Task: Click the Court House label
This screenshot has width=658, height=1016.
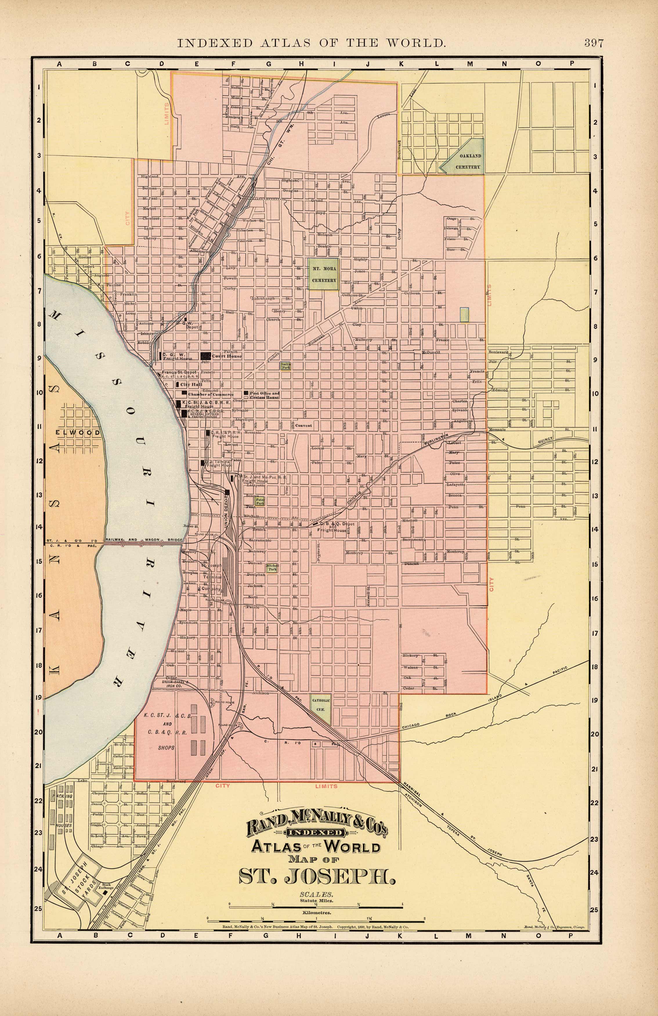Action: [x=227, y=356]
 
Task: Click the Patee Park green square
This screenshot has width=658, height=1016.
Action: [x=260, y=501]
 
